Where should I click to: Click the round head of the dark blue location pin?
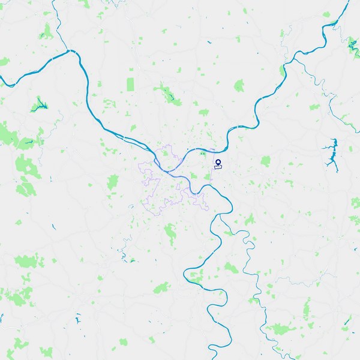coord(218,161)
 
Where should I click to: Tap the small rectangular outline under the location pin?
coord(218,167)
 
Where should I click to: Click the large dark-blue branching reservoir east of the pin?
coord(329,153)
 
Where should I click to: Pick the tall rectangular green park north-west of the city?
coord(131,85)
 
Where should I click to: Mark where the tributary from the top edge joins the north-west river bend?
coord(73,52)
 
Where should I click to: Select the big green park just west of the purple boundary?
coord(113,182)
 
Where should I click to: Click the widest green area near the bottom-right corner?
coord(278,329)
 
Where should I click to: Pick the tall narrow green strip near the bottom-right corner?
coord(307,310)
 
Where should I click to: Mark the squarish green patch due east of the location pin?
coord(265,161)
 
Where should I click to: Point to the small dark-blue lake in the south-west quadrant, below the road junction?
coord(131,260)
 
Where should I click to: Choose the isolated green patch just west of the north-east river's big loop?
coord(239,86)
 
